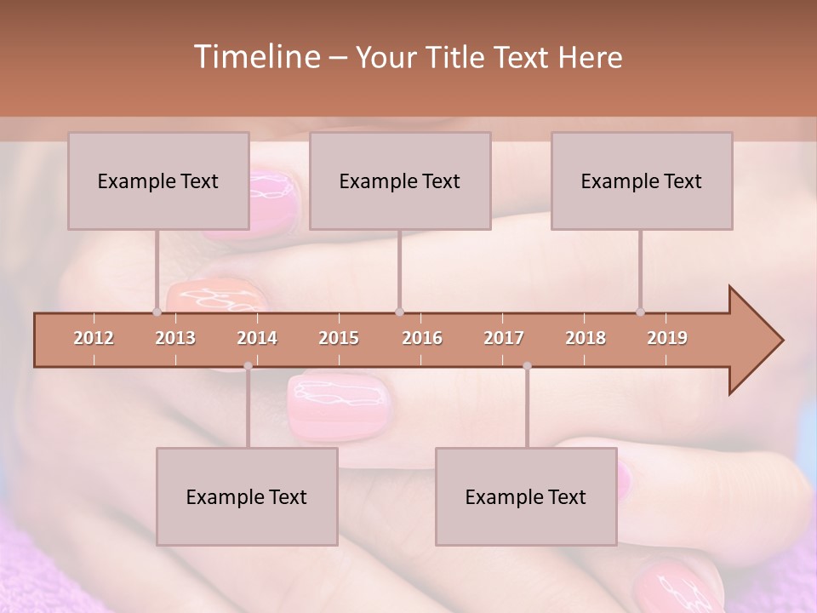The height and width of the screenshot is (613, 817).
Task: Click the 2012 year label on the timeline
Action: click(94, 338)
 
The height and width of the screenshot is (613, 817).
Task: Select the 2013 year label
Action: click(175, 338)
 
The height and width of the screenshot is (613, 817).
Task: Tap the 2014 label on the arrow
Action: click(257, 338)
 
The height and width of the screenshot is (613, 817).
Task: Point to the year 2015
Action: click(339, 338)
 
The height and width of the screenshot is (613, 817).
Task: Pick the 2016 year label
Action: click(422, 338)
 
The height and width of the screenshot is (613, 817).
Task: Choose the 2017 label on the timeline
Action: click(504, 338)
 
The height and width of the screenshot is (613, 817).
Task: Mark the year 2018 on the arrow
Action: click(586, 338)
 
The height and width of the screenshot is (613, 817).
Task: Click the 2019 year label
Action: click(667, 338)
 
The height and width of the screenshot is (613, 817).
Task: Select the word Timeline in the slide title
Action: click(254, 57)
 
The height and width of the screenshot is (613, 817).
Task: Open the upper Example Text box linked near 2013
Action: click(158, 180)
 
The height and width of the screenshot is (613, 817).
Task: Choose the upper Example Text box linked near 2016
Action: click(400, 180)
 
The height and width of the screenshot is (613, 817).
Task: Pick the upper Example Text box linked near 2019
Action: click(642, 180)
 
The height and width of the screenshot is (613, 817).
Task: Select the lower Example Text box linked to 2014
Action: click(247, 496)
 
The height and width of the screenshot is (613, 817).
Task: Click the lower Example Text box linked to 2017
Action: click(526, 496)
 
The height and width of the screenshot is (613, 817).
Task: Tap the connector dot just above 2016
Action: click(400, 312)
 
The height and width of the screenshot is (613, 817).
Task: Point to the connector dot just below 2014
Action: click(248, 366)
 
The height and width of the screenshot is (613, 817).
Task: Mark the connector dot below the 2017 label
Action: click(527, 366)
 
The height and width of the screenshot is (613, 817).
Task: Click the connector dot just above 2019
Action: click(641, 312)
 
